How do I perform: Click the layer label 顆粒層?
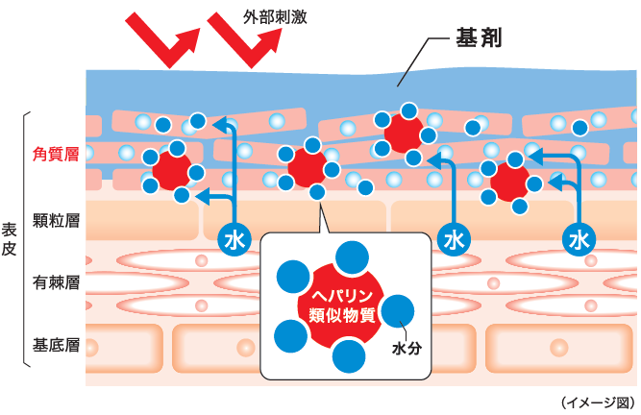click(x=56, y=220)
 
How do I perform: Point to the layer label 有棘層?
click(x=56, y=282)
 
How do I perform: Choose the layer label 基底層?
click(x=56, y=344)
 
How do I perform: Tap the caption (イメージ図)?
click(x=597, y=402)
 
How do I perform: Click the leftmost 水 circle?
click(x=234, y=237)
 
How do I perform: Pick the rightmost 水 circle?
click(x=579, y=237)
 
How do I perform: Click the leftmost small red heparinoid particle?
click(x=173, y=170)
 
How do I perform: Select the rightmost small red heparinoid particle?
click(x=508, y=180)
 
